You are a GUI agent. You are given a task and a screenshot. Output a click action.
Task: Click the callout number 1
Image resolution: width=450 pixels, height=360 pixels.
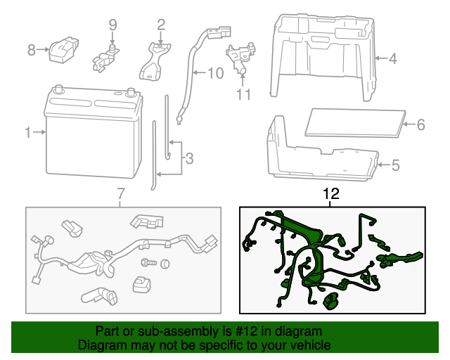[x=28, y=131]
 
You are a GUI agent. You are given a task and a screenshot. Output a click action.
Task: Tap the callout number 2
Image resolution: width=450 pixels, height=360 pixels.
[x=161, y=25]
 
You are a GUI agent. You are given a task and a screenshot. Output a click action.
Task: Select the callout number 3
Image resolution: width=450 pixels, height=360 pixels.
[x=188, y=160]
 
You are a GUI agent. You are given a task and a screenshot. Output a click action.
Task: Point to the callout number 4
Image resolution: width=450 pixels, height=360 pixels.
[x=392, y=59]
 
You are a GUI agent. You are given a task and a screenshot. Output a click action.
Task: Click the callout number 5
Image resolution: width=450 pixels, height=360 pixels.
[x=394, y=166]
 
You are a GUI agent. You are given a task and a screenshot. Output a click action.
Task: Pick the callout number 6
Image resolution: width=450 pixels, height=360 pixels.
[x=420, y=125]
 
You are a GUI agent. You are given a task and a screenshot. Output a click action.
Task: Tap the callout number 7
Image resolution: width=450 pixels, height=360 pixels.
[x=120, y=193]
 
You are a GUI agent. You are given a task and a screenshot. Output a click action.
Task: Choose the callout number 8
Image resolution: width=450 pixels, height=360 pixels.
[x=31, y=50]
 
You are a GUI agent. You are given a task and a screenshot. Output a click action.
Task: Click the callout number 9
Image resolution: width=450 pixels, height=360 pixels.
[x=112, y=25]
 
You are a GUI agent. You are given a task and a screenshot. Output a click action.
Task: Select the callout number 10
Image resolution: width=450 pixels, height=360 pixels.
[x=215, y=72]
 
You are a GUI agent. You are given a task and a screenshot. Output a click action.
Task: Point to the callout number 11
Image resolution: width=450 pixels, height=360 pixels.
[x=243, y=94]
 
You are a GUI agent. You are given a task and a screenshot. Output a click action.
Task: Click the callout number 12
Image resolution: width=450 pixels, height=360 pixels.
[x=330, y=193]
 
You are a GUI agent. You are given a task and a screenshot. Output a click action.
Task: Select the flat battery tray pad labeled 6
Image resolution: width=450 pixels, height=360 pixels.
[x=356, y=122]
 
